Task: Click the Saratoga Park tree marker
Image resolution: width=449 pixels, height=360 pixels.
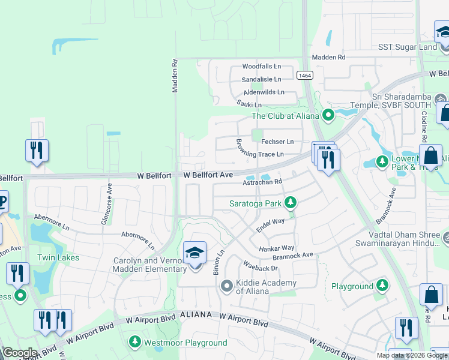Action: (x=291, y=203)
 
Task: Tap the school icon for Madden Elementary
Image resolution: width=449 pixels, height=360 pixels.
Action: (x=194, y=254)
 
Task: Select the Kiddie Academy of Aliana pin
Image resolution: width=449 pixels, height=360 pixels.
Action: (x=226, y=286)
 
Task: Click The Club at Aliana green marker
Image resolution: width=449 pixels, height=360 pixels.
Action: (x=328, y=115)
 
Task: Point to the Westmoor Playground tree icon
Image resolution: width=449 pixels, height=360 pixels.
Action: (x=135, y=342)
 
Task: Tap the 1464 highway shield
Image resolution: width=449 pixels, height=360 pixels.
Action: (x=304, y=75)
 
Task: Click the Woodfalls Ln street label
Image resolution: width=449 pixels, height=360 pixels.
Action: (x=261, y=67)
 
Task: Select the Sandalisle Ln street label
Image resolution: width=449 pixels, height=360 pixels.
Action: (x=261, y=79)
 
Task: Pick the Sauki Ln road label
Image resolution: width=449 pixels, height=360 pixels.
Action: (x=249, y=104)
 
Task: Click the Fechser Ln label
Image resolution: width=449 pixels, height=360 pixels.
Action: (x=277, y=142)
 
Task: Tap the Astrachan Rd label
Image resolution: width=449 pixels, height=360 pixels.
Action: (x=262, y=181)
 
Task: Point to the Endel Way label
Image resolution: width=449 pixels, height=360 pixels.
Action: (x=270, y=221)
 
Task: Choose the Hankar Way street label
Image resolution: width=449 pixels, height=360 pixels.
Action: (x=277, y=248)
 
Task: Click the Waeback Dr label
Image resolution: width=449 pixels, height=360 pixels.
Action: (x=261, y=268)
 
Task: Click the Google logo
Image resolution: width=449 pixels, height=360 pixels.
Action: (x=19, y=352)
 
